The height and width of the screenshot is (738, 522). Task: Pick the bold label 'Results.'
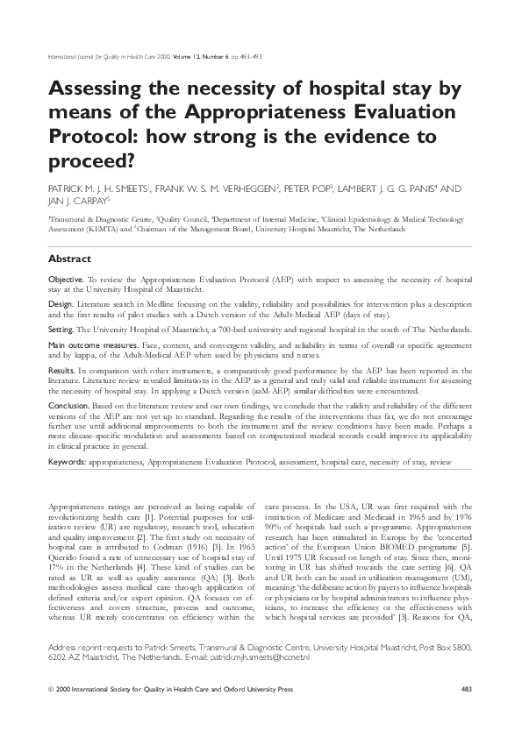click(61, 372)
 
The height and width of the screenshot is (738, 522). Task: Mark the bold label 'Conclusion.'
click(68, 406)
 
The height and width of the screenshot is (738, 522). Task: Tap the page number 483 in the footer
click(467, 690)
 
